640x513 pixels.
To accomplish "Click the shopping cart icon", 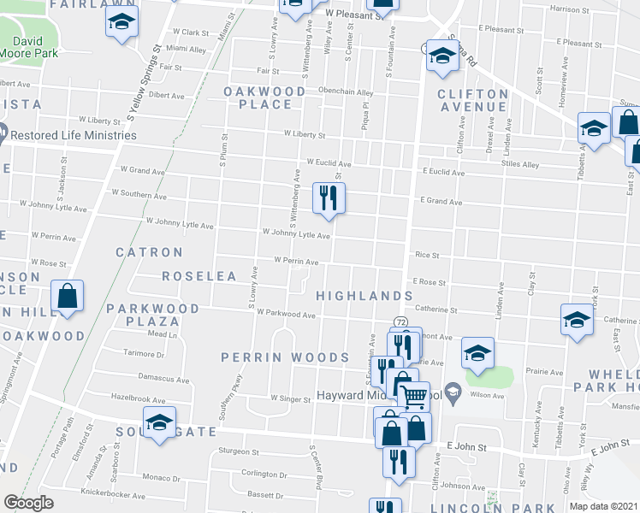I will (x=414, y=395).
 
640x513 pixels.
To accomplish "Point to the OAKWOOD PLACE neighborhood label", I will (x=265, y=97).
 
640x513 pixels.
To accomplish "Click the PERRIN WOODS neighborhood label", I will (x=285, y=357).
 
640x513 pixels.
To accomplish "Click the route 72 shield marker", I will (x=400, y=321).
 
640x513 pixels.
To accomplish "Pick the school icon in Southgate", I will (x=158, y=425).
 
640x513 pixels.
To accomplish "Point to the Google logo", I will (x=28, y=503).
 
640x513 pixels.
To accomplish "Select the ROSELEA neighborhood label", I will (x=199, y=277).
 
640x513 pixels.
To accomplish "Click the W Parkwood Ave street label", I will (x=286, y=314).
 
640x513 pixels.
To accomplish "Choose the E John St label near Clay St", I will (x=465, y=446).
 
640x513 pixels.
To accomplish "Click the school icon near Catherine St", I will (x=578, y=320).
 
